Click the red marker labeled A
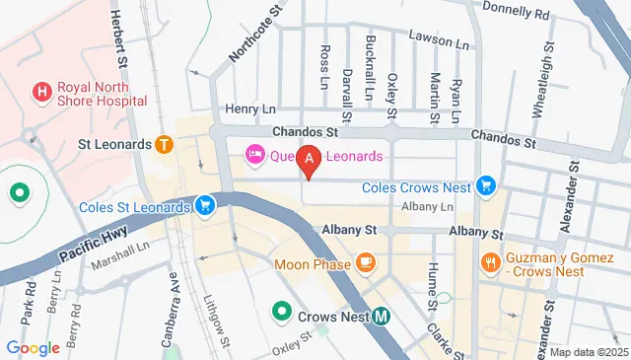pos(311,159)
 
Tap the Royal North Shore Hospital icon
pos(41,93)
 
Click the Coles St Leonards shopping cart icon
pos(204,206)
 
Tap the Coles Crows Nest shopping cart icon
pos(484,184)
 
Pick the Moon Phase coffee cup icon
pos(366,261)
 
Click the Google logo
pos(33,347)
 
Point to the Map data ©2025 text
pos(589,352)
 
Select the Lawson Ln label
pos(442,43)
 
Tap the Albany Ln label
pos(427,206)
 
